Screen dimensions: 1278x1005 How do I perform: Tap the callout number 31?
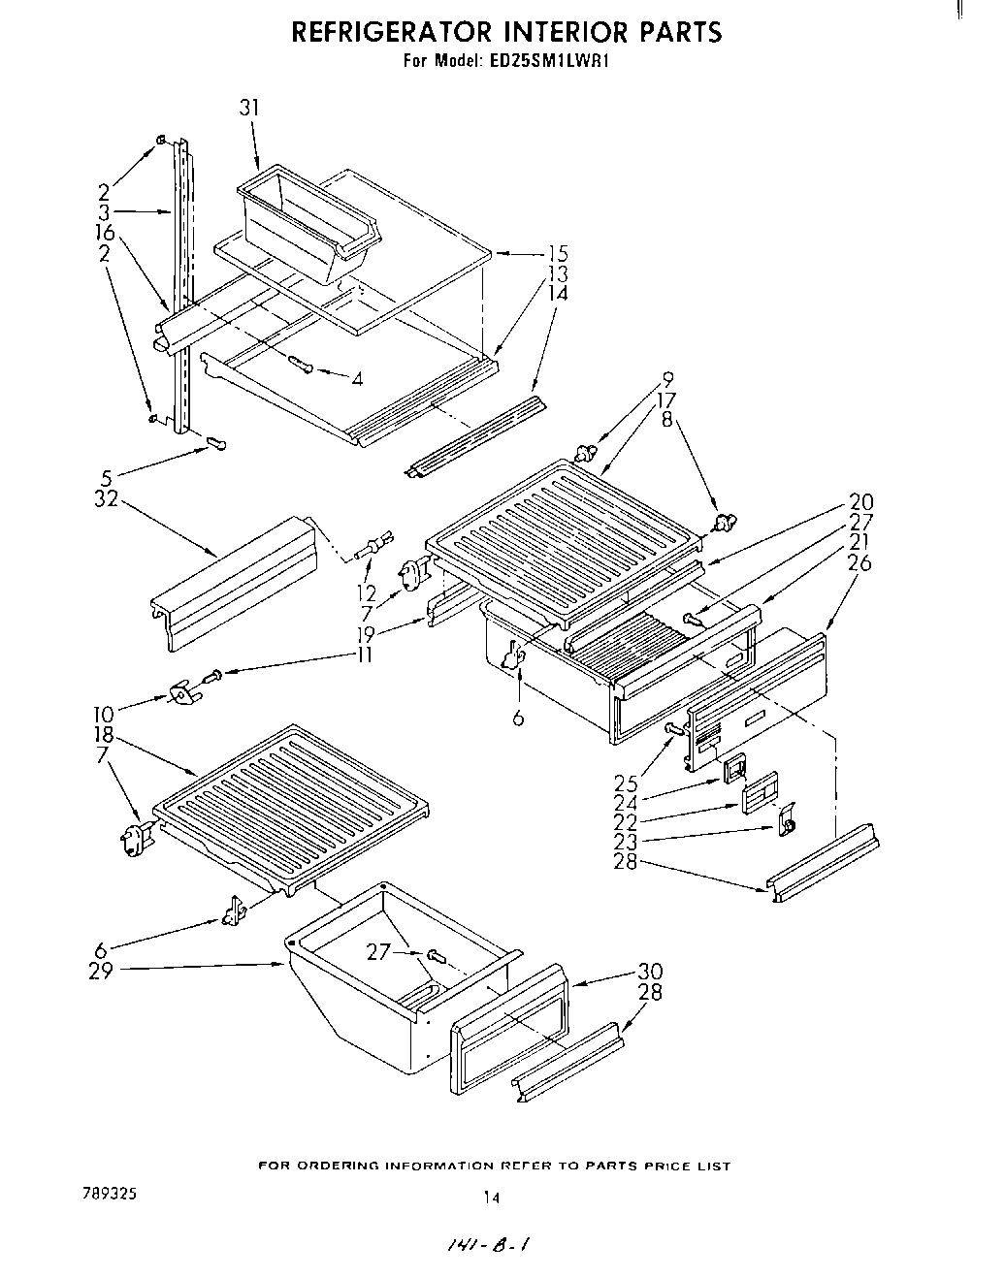coord(249,108)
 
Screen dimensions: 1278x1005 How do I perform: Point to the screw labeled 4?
coord(301,364)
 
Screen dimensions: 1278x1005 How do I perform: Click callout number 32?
coord(105,499)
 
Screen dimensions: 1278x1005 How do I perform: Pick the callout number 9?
coord(667,379)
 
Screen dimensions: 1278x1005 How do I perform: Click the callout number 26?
coord(859,562)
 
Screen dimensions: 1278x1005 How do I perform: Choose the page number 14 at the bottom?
coord(492,1198)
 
